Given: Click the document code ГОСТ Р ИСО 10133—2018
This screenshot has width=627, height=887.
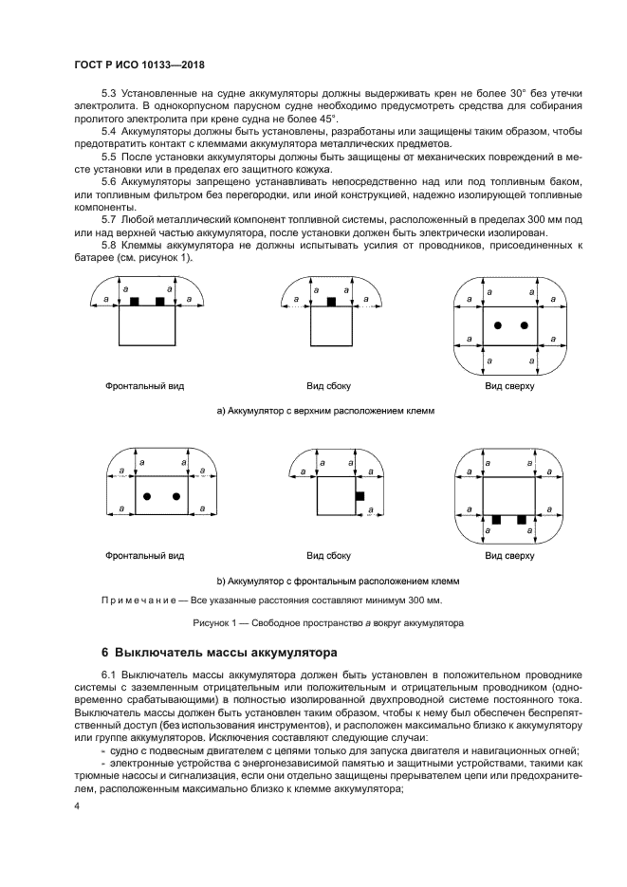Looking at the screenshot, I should click(x=139, y=63).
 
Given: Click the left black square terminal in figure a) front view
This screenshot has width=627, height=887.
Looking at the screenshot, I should click(x=135, y=301).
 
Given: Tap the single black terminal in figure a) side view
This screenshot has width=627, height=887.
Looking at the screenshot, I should click(x=331, y=301).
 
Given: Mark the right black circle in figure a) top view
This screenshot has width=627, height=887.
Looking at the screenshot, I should click(x=524, y=326).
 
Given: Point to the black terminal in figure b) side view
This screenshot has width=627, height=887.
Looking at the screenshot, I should click(x=359, y=496).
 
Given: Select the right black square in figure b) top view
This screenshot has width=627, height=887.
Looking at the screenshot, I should click(x=521, y=520).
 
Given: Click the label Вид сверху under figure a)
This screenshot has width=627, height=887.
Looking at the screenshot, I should click(x=509, y=387).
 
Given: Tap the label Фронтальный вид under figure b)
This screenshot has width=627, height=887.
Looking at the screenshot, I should click(x=144, y=555).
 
